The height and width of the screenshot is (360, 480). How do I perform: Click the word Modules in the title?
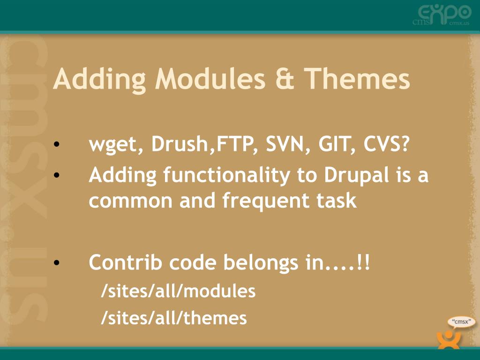(x=210, y=78)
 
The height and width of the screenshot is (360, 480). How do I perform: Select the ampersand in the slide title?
(x=285, y=79)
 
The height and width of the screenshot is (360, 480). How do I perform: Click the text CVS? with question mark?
(x=386, y=143)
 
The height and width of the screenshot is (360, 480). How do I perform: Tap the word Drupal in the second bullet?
(x=357, y=176)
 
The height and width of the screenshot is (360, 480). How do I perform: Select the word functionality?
(x=226, y=176)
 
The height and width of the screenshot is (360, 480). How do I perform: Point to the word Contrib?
(x=125, y=262)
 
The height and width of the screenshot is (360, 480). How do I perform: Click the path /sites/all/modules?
(x=178, y=291)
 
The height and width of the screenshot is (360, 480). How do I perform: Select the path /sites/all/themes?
(x=174, y=318)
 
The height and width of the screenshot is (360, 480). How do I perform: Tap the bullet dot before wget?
(x=56, y=144)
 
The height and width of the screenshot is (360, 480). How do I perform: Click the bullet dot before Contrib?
(x=56, y=262)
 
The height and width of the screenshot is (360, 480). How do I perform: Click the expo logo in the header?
(x=442, y=15)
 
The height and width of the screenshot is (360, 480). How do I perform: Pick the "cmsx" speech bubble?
(x=461, y=322)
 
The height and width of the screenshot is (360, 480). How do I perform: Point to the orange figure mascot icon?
(x=449, y=339)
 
